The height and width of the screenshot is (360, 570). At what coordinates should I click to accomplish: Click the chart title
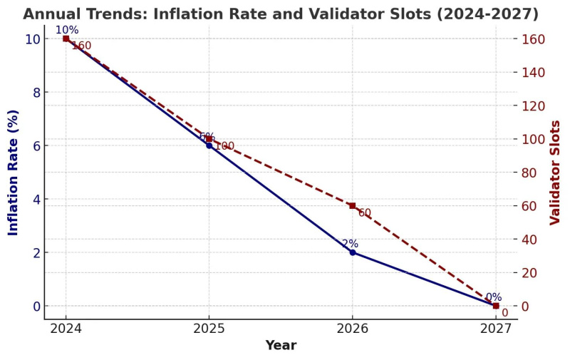(281, 14)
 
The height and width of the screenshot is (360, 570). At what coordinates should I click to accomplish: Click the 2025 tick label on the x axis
(209, 330)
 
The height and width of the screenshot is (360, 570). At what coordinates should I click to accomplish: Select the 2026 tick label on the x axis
(352, 330)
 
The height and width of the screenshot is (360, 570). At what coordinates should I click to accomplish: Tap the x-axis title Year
(281, 346)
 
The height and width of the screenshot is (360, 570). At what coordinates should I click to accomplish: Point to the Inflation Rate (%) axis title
(13, 172)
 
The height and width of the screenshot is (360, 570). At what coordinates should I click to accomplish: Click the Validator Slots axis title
(556, 172)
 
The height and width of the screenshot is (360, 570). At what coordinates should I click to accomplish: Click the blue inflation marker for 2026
(352, 252)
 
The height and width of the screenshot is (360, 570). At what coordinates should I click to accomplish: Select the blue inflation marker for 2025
(209, 145)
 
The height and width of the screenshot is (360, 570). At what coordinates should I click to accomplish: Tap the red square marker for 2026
(352, 205)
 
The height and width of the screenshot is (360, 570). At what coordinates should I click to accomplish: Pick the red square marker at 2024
(66, 38)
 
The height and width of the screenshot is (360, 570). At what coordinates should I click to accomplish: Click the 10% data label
(67, 30)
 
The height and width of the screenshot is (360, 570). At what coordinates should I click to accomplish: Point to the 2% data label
(350, 244)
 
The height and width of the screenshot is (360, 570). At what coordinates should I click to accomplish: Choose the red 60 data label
(365, 213)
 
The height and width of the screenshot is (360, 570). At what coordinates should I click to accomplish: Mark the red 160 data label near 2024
(81, 46)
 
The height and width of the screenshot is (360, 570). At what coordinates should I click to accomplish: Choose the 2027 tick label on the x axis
(495, 330)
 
